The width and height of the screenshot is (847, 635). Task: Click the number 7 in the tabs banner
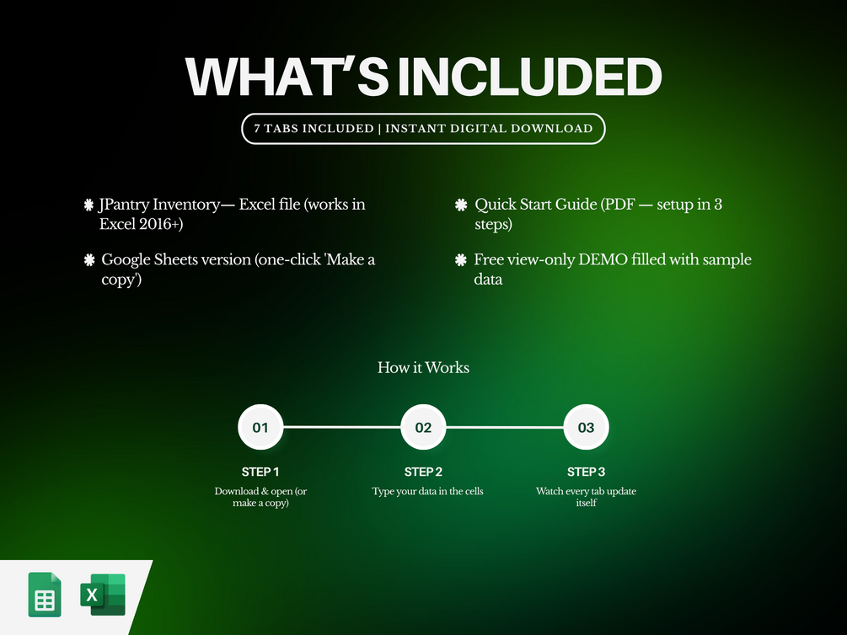(257, 129)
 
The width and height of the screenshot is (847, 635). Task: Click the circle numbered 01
(260, 427)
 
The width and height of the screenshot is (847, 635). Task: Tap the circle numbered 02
(423, 427)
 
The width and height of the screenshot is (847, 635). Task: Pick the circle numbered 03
(586, 427)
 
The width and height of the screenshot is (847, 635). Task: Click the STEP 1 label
(260, 472)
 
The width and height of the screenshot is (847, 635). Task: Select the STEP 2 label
(423, 472)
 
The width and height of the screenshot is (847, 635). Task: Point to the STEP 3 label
(586, 472)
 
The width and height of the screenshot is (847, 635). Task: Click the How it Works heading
(423, 368)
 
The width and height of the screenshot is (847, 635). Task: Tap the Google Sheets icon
(45, 595)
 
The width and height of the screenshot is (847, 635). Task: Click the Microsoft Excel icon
(103, 595)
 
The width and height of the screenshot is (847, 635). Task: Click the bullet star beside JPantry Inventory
(89, 205)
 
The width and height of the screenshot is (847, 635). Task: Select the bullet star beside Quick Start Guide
(461, 205)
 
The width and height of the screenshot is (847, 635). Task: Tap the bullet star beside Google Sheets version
(89, 260)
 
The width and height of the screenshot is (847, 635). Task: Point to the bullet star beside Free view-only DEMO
(461, 260)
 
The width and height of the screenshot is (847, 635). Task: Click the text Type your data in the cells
(427, 491)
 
